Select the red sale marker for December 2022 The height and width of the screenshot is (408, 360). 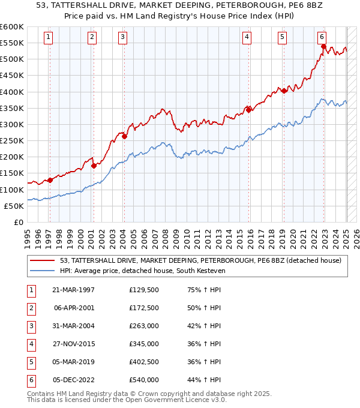point(323,46)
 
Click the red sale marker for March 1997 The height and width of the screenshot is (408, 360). point(50,180)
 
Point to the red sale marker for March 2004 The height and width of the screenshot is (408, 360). point(124,136)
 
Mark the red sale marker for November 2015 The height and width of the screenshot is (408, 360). point(248,110)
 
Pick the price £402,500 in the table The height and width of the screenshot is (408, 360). point(144,362)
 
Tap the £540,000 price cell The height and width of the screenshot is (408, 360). point(144,380)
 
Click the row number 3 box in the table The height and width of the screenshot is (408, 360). point(31,326)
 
